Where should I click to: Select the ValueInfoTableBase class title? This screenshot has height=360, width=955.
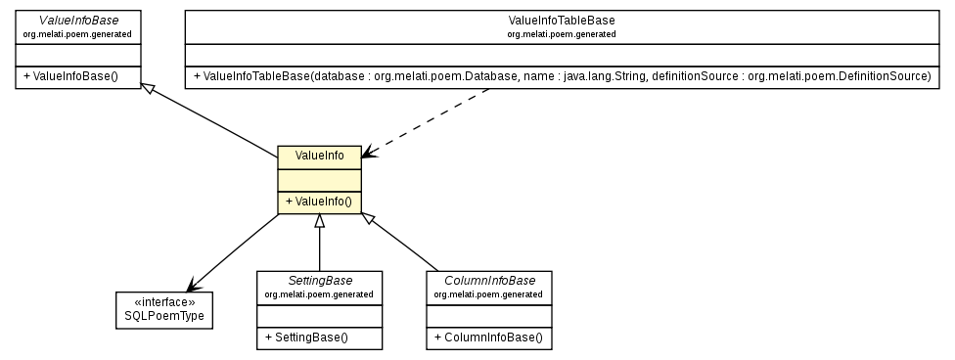561,20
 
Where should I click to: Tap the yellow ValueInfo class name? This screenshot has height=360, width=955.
319,156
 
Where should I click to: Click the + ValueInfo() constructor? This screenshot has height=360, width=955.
319,202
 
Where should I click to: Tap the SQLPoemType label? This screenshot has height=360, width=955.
165,317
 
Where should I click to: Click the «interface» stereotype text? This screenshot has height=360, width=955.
165,303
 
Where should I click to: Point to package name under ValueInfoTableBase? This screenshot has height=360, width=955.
561,33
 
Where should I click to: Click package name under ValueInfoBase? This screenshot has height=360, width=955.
77,33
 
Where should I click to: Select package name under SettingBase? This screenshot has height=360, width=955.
319,293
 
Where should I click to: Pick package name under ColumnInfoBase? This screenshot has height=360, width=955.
488,293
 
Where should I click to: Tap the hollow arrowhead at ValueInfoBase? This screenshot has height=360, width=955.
147,89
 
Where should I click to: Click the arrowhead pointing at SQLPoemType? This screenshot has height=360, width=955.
193,286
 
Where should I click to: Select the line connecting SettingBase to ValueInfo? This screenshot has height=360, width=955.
319,245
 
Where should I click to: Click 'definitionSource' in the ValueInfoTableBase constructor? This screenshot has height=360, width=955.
693,76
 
